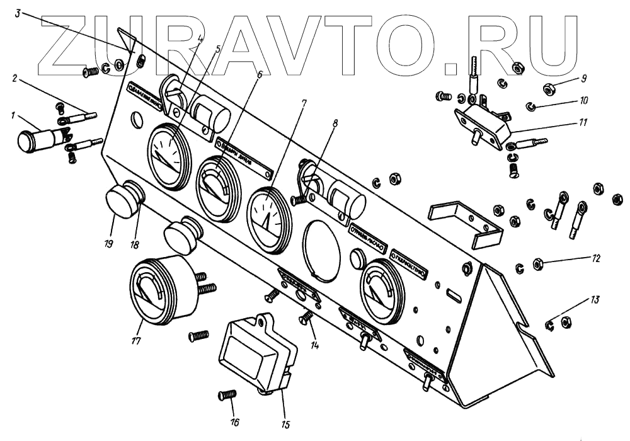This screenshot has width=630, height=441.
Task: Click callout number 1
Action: pos(13,116)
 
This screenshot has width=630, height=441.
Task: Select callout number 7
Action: pos(304,102)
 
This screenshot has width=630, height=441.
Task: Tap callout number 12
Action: pos(596,258)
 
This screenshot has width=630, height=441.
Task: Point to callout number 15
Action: pos(284,424)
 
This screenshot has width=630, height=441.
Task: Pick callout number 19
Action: pos(109,242)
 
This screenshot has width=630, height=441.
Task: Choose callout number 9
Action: pos(583,79)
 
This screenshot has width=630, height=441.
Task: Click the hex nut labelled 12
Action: pos(539,262)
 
